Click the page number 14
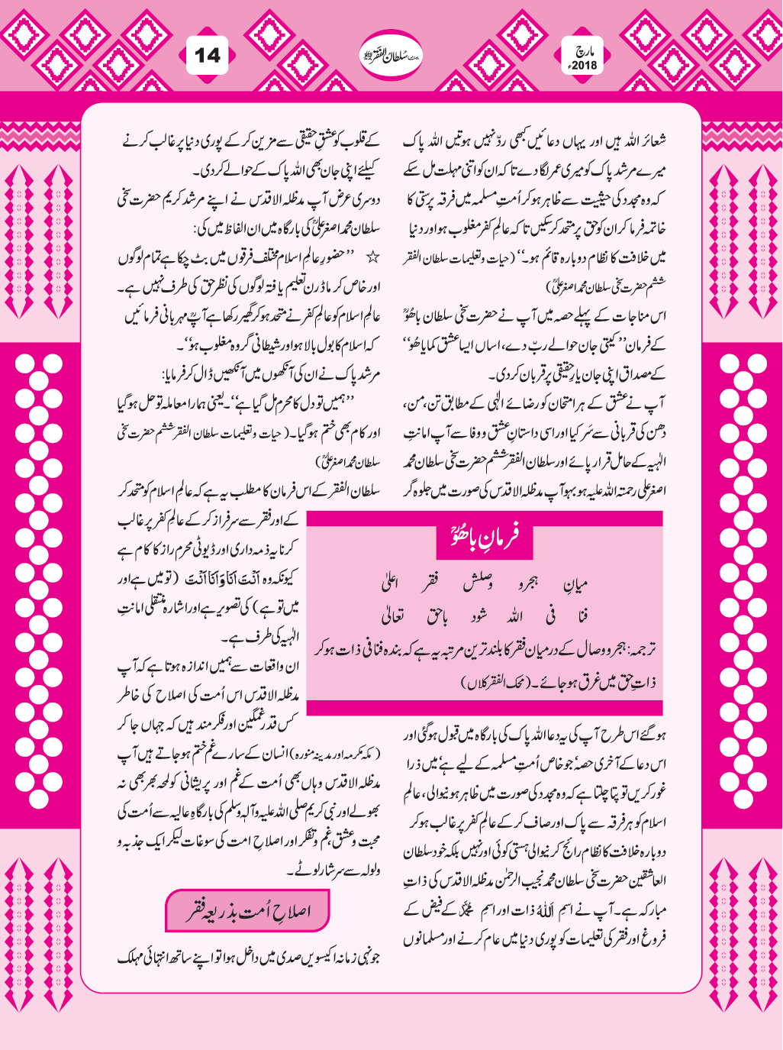(x=207, y=56)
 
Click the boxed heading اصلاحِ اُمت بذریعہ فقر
(x=249, y=911)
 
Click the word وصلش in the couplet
(x=478, y=585)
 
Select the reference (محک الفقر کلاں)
(x=505, y=682)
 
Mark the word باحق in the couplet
(x=437, y=615)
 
